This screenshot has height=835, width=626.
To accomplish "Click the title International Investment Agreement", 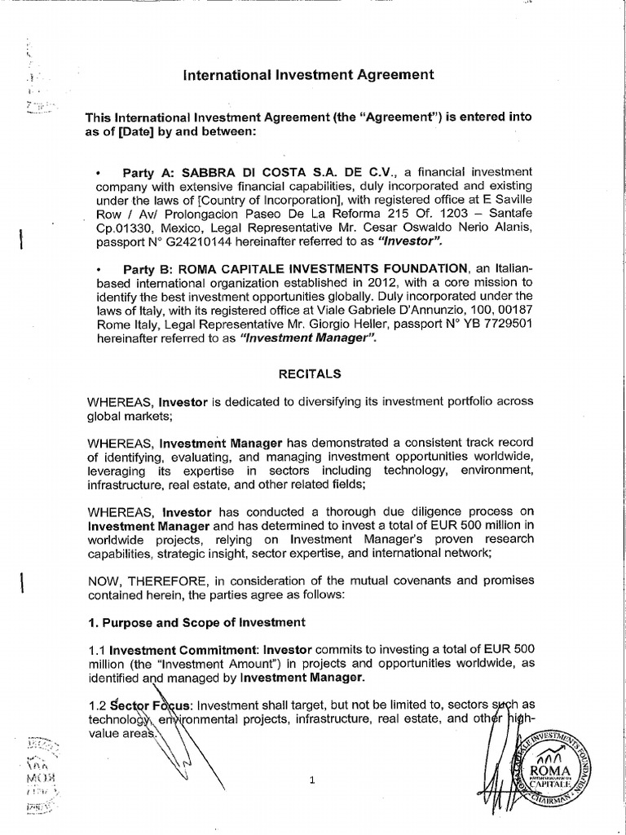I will coord(308,76).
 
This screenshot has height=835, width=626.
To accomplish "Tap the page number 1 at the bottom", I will coord(311,780).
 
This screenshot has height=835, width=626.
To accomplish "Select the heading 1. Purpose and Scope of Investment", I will coord(196,622).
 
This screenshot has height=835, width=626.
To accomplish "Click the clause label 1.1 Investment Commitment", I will coord(171,650).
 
